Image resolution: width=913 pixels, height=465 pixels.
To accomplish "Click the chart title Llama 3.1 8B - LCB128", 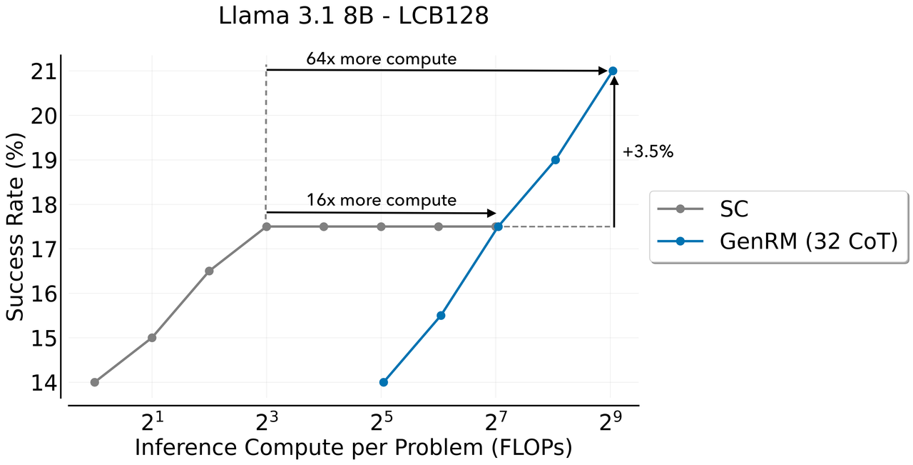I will (354, 16).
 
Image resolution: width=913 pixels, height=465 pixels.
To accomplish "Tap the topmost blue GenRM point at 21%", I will (612, 71).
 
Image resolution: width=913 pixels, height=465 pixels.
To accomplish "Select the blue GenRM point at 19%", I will (555, 159).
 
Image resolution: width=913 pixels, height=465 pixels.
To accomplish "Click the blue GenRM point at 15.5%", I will (441, 315).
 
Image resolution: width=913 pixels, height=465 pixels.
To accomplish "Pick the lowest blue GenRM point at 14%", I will (384, 382).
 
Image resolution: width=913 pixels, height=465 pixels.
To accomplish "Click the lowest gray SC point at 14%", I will (95, 382).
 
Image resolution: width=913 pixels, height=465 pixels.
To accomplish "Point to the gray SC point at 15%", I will (152, 337).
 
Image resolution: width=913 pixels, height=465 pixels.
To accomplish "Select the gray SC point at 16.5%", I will (209, 271).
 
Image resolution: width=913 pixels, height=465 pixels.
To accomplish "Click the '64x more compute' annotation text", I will (381, 59).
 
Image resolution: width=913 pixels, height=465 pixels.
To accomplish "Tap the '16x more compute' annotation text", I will (381, 200).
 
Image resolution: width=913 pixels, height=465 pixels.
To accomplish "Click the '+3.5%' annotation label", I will (648, 151).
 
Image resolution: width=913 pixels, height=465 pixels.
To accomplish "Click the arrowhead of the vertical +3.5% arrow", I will (614, 81).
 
